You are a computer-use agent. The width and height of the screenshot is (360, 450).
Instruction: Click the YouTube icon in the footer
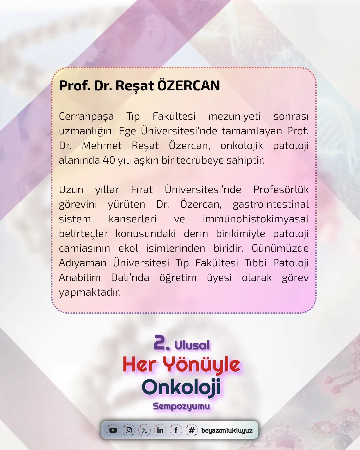(x=113, y=430)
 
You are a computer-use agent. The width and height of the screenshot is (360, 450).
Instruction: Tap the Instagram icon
(x=129, y=430)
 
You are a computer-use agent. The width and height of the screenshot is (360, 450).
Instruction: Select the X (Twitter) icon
(x=144, y=430)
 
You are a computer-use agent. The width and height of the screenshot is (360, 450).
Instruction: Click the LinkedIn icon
(x=160, y=430)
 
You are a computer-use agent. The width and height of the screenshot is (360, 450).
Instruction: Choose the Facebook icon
(x=176, y=430)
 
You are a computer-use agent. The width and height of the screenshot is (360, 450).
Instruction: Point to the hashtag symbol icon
(x=192, y=430)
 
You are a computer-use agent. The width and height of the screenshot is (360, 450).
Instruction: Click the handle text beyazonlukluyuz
(x=227, y=431)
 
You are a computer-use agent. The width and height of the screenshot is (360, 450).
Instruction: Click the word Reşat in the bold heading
(x=135, y=86)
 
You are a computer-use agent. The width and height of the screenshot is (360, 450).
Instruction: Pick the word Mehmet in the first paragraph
(x=102, y=146)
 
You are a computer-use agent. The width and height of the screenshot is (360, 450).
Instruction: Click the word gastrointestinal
(x=271, y=205)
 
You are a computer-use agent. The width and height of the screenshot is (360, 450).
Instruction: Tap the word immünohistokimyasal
(x=256, y=219)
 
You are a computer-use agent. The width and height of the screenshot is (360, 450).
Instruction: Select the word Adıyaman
(x=83, y=263)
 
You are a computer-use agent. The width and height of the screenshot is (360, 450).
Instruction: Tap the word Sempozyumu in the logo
(x=181, y=407)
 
